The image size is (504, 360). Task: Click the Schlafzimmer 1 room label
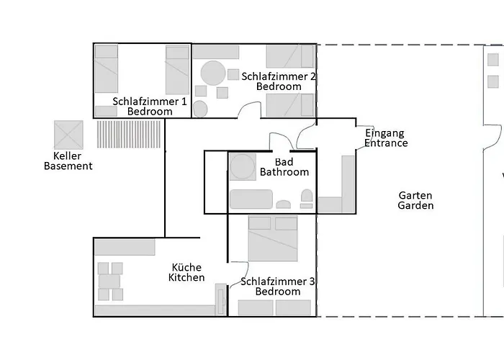point(150,107)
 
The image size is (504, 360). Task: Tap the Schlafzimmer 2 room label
point(279,81)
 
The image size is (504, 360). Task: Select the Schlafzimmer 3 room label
point(278,287)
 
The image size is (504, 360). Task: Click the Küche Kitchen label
point(186,272)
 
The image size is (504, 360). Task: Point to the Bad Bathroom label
point(284,167)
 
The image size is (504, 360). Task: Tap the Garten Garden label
point(415,200)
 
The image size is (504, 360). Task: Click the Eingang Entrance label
point(385,138)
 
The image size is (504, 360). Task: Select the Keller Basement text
point(68,161)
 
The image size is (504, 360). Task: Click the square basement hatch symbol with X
point(69,135)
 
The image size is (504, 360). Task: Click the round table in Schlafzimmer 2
point(213,73)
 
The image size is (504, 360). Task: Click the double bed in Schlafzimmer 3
point(273,238)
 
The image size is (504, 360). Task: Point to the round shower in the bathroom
point(242,166)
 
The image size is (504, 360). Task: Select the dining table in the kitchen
point(110,281)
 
